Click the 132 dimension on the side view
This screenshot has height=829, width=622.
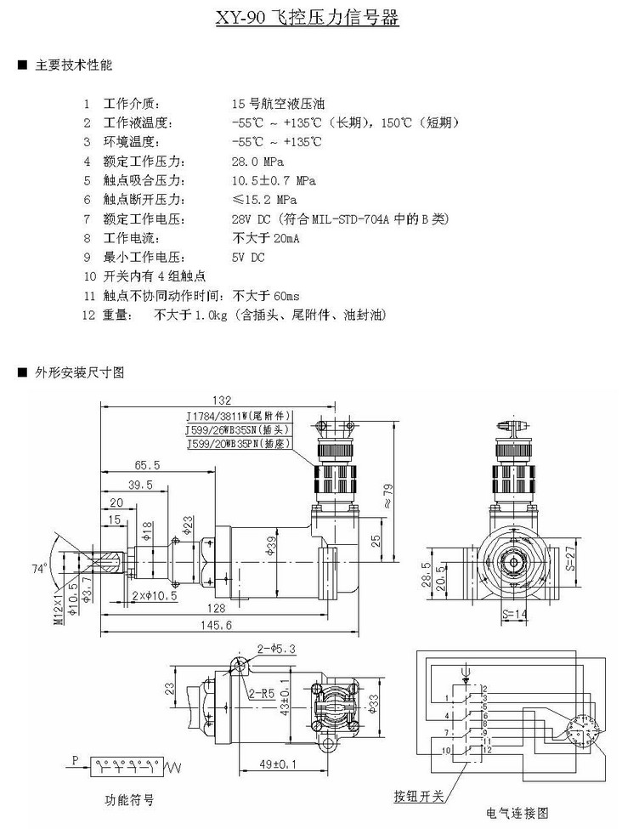[x=222, y=400]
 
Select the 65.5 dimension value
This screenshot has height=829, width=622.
[x=147, y=466]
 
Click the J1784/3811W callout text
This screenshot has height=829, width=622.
[x=239, y=416]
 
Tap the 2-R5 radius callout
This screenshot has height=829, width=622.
[x=259, y=693]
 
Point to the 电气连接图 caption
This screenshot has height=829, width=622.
[x=510, y=812]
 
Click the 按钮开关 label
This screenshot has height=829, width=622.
[x=418, y=796]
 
